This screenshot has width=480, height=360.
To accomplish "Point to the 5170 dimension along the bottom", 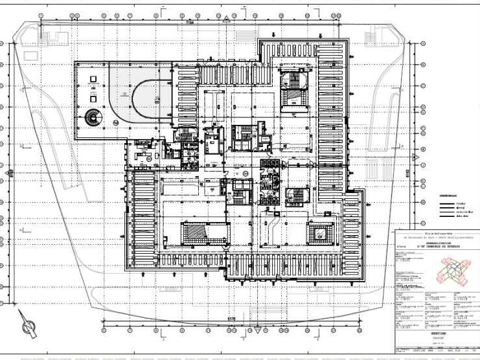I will tap(231, 318).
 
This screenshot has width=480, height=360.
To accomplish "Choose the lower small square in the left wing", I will tap(94, 99).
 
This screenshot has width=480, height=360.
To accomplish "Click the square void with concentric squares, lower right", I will tap(319, 234).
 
